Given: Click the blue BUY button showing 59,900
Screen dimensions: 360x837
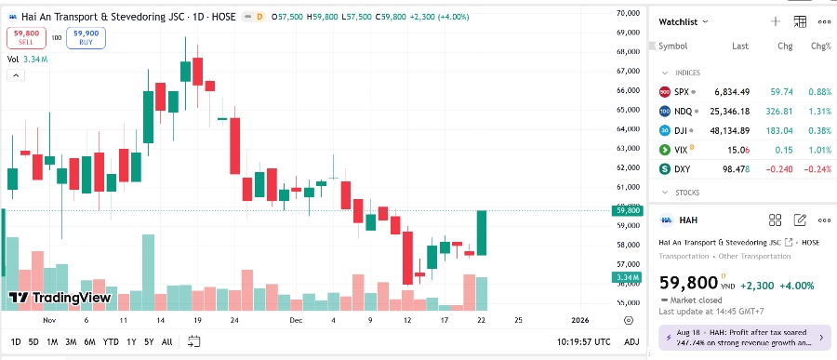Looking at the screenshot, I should (x=86, y=37).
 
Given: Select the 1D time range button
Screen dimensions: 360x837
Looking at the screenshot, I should (x=15, y=340).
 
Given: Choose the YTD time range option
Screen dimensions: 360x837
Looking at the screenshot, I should (x=111, y=340).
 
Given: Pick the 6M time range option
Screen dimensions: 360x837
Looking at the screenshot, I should (x=89, y=340).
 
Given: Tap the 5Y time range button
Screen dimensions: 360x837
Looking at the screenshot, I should (x=149, y=340).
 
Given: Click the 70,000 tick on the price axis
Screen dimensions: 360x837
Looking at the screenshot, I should (x=628, y=13).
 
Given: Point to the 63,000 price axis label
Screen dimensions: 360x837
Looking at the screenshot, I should (x=628, y=149).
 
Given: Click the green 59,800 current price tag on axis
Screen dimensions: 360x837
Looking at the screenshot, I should (x=628, y=211).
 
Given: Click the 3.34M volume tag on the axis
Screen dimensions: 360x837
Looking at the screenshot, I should (x=628, y=277).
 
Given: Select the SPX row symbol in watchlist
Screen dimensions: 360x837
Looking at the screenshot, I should (x=682, y=92).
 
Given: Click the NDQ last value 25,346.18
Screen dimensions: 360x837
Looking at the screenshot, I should (x=730, y=111).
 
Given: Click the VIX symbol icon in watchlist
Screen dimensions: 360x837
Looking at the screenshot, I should (x=664, y=150).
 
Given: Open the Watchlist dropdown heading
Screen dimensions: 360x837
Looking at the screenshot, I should (x=684, y=21).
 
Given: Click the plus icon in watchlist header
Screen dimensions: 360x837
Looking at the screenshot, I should (x=775, y=21).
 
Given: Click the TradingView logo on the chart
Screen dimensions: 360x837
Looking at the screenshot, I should (x=59, y=298).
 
